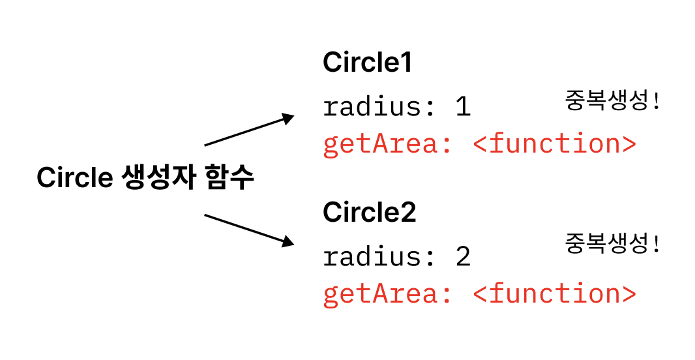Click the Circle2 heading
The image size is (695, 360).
(x=369, y=213)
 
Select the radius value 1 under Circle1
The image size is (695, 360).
(x=463, y=106)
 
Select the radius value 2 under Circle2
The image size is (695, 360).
(x=463, y=256)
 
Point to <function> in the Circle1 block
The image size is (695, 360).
(x=554, y=144)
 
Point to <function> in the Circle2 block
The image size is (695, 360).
(x=554, y=294)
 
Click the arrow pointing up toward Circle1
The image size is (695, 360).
(x=248, y=130)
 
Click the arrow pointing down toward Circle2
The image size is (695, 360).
(x=248, y=229)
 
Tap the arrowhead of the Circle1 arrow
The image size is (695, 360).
(x=288, y=117)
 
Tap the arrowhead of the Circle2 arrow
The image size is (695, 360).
(x=288, y=243)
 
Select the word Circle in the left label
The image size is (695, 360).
(x=74, y=178)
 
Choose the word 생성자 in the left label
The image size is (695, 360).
(x=158, y=177)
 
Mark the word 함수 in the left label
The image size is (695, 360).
(x=228, y=177)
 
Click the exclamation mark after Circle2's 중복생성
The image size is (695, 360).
(x=656, y=245)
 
